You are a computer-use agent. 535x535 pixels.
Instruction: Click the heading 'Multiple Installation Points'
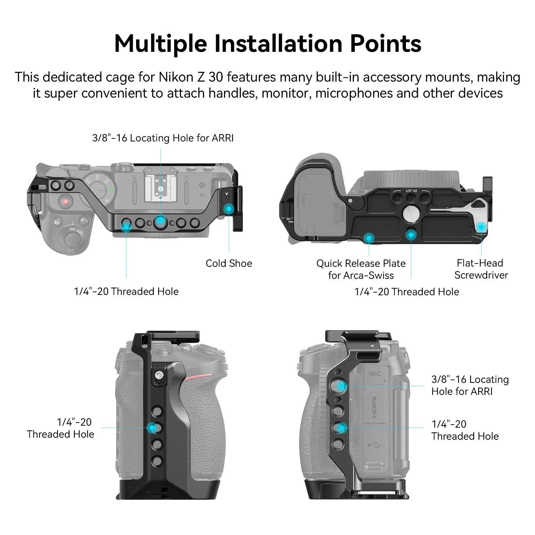(x=267, y=44)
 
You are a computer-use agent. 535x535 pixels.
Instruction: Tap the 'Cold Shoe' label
(x=229, y=263)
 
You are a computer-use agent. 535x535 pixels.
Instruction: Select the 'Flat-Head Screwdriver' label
(x=481, y=269)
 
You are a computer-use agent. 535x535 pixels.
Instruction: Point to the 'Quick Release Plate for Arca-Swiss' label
(x=361, y=269)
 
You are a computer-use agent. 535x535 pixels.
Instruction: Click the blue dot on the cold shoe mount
(x=229, y=209)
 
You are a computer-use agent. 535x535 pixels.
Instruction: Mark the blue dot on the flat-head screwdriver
(x=481, y=227)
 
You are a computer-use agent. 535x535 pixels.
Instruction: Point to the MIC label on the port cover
(x=374, y=373)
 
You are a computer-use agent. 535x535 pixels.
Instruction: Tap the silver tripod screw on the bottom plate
(x=410, y=213)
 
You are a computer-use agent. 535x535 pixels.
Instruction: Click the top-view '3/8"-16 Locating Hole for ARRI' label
(x=163, y=138)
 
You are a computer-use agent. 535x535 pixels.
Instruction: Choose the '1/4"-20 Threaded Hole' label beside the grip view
(x=60, y=428)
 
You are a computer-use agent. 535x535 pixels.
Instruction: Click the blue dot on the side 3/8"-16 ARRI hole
(x=340, y=386)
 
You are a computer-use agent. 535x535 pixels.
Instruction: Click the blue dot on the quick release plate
(x=369, y=238)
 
